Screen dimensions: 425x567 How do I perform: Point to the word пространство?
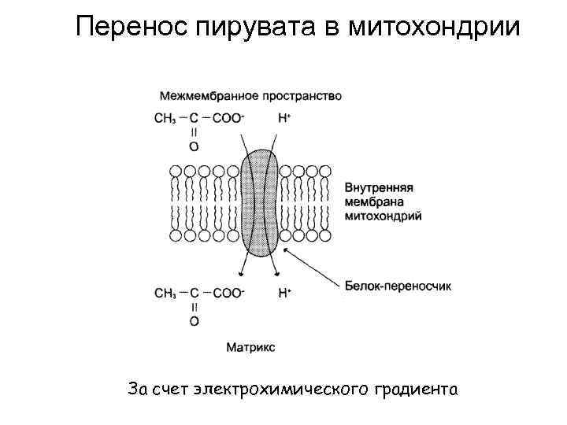(x=303, y=97)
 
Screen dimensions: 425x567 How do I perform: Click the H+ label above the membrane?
(x=285, y=119)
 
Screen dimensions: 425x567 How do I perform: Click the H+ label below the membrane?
(x=285, y=293)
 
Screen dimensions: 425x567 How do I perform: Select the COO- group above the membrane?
(x=229, y=119)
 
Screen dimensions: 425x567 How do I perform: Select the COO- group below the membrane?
(x=229, y=294)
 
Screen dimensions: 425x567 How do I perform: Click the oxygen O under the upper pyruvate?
(x=195, y=146)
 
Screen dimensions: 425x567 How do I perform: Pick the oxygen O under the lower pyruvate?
(x=195, y=321)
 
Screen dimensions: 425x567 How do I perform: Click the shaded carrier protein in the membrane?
(x=259, y=204)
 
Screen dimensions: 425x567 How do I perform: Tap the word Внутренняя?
(x=380, y=189)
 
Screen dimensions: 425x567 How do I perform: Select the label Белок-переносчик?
(x=398, y=286)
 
